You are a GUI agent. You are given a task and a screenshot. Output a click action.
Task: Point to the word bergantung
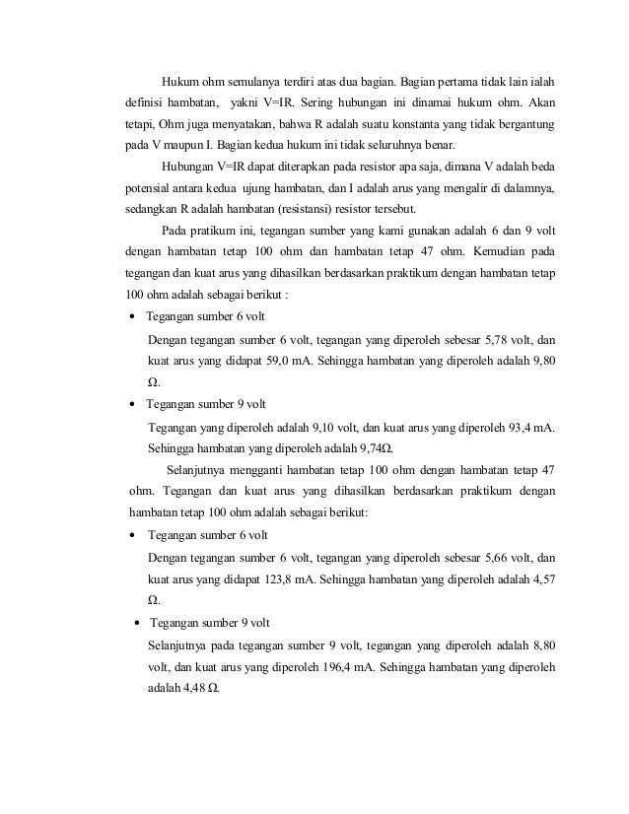tap(521, 127)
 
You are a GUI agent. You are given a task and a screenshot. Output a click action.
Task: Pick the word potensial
tap(151, 188)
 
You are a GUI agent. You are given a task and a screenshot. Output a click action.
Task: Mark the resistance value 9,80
tap(541, 362)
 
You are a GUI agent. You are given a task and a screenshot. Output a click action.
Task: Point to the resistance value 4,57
tap(541, 578)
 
